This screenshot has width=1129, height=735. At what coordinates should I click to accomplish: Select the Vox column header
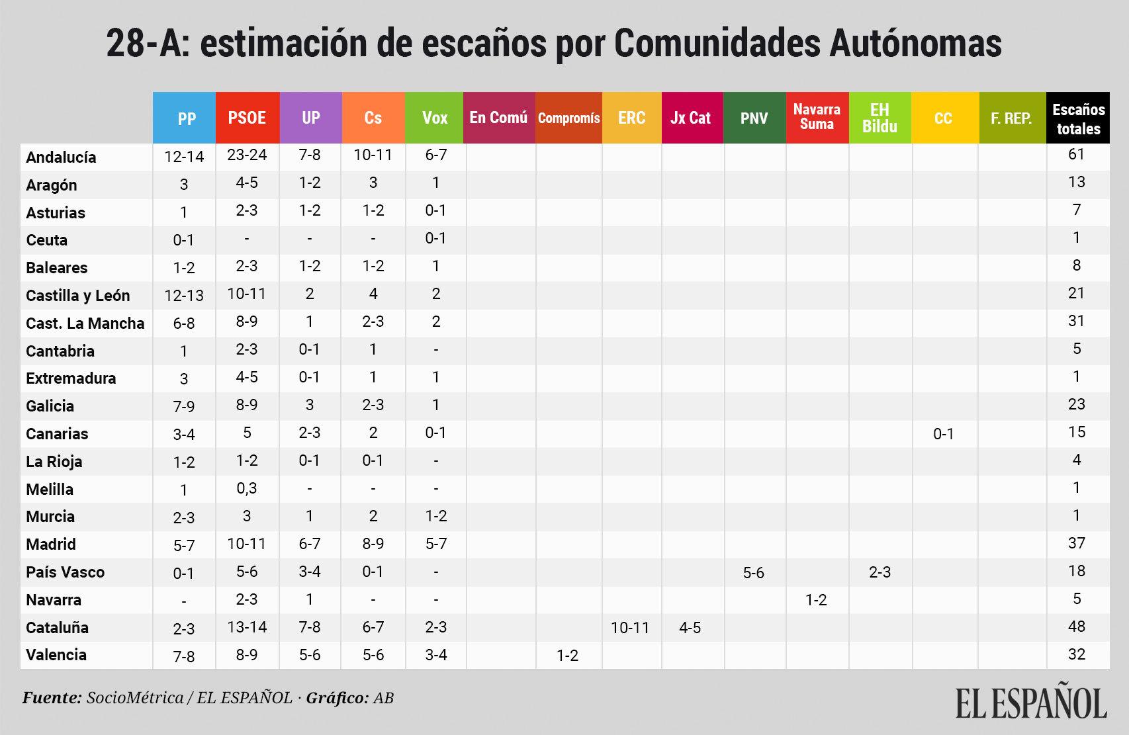click(435, 118)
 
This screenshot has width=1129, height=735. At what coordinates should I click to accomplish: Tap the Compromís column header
click(568, 118)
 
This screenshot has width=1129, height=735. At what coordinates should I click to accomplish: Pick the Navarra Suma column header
click(817, 117)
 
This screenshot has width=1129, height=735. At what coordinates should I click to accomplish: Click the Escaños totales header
click(1078, 119)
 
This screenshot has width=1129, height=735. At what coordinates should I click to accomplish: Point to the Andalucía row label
click(61, 157)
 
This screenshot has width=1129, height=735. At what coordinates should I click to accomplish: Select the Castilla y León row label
click(77, 296)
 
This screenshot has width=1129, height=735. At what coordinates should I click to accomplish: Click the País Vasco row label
click(65, 572)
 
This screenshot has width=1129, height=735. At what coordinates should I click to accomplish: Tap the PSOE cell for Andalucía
click(247, 155)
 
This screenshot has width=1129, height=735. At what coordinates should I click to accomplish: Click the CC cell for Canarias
click(943, 434)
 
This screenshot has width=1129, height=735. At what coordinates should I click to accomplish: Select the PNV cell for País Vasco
click(753, 573)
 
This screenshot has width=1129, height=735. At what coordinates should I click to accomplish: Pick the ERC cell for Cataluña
click(630, 628)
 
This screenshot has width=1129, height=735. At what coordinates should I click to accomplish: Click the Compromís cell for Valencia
click(567, 656)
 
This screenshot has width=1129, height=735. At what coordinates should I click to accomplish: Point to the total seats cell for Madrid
click(1076, 543)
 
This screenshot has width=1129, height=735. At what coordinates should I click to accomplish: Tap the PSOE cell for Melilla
click(247, 488)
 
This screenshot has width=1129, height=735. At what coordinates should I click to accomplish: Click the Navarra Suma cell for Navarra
click(816, 600)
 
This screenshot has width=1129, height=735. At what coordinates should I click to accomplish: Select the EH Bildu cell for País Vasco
click(880, 572)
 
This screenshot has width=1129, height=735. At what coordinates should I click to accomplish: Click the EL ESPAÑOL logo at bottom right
click(1030, 703)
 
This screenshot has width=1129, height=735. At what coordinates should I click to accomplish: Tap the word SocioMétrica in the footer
click(135, 698)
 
